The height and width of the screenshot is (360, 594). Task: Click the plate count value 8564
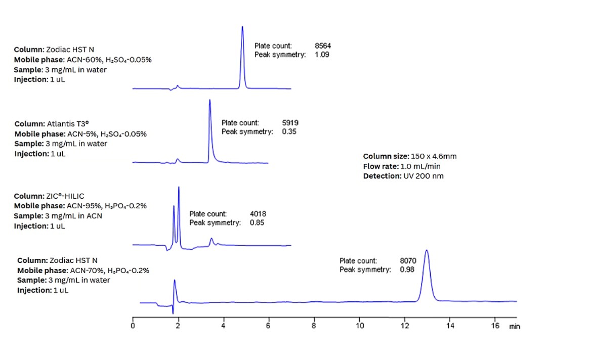[323, 46]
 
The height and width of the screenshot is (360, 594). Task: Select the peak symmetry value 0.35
[289, 132]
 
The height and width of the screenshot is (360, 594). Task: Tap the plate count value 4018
[258, 214]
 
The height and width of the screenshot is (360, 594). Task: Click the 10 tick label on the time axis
[359, 326]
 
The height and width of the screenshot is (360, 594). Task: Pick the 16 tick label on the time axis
[496, 326]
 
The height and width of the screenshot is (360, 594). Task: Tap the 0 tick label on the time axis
[133, 326]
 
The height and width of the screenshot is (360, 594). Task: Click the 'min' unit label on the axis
[515, 327]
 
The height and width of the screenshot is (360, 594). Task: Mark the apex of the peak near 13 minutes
[427, 250]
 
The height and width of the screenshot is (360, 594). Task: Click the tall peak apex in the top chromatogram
[242, 27]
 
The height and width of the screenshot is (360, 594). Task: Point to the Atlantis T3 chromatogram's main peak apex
[209, 100]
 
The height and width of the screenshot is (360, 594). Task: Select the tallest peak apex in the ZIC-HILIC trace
[179, 188]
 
